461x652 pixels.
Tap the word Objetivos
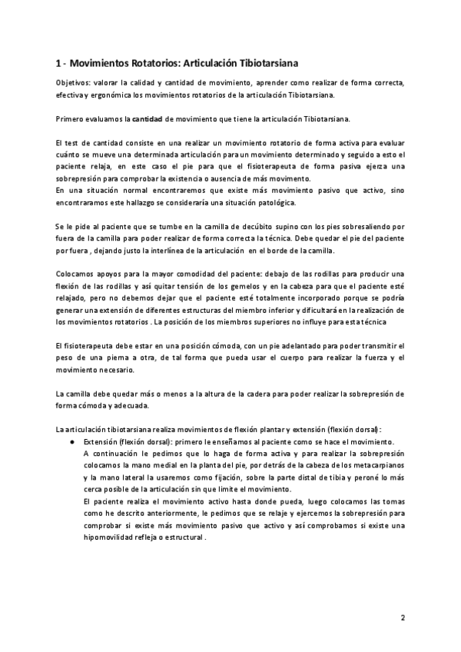tap(74, 82)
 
